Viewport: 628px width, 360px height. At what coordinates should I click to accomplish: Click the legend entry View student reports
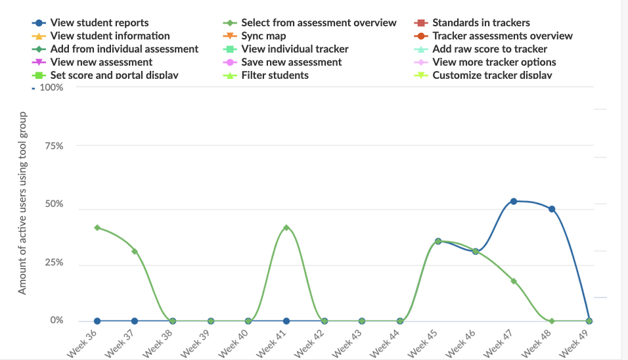click(99, 23)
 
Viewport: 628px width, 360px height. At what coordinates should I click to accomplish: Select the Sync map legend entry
click(263, 36)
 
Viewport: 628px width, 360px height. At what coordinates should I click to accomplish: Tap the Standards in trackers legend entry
click(481, 23)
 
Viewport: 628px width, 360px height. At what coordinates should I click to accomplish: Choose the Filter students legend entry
click(275, 76)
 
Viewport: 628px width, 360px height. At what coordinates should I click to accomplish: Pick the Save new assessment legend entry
click(291, 62)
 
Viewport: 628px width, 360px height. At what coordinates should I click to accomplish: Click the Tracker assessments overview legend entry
click(502, 36)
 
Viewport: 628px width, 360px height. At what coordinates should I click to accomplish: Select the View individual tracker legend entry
click(294, 49)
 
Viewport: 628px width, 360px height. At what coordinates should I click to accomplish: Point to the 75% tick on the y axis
click(55, 146)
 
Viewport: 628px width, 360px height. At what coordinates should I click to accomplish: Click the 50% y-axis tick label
click(54, 204)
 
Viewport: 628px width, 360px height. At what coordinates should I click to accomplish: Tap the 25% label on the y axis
click(54, 263)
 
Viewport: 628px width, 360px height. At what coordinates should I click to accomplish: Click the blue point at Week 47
click(514, 201)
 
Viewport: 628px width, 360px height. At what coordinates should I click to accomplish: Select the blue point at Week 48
click(552, 209)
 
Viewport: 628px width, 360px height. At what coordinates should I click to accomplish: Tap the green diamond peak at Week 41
click(286, 227)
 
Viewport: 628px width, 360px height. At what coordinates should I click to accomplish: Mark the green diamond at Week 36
click(97, 227)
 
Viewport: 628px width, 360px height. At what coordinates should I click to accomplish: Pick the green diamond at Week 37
click(135, 251)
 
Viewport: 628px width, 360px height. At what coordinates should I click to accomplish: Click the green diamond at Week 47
click(514, 281)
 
